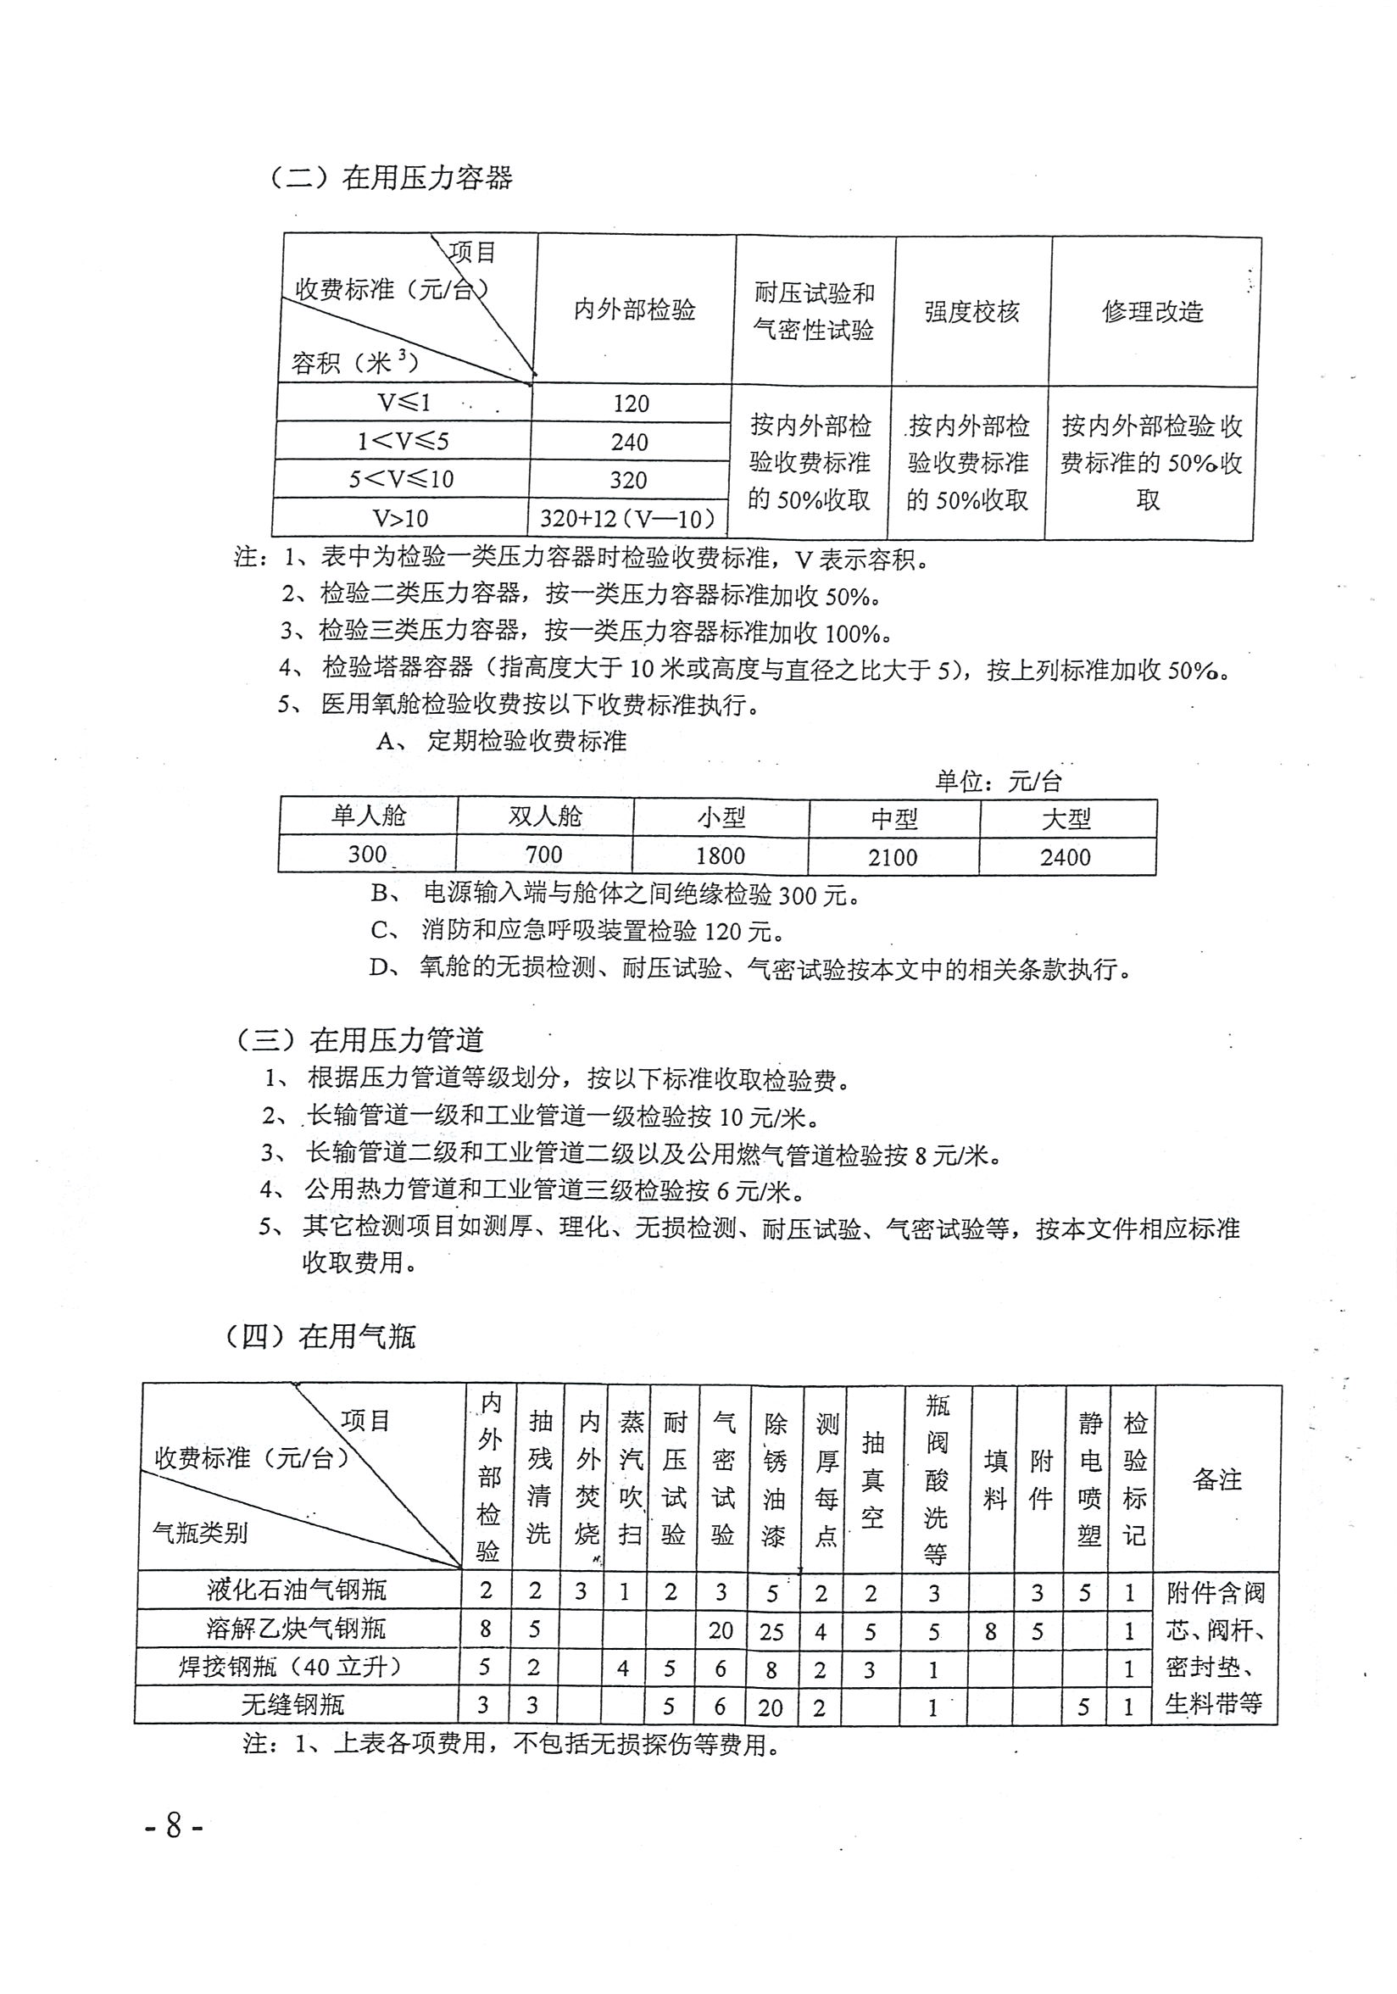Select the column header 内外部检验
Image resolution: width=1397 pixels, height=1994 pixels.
(x=635, y=310)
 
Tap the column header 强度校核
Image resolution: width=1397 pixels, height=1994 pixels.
(x=971, y=312)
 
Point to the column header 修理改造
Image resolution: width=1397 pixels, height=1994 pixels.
(x=1152, y=312)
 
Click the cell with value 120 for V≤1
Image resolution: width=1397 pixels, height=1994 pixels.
(x=631, y=404)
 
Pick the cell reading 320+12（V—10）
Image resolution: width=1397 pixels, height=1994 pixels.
(x=629, y=519)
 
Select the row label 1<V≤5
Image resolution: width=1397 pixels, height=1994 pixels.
(x=403, y=441)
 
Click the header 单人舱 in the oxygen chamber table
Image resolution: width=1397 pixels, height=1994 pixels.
(x=368, y=816)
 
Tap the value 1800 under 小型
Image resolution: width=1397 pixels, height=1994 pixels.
(x=720, y=855)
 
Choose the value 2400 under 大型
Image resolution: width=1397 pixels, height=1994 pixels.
(x=1066, y=857)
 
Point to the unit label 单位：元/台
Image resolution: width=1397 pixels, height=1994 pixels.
(x=999, y=782)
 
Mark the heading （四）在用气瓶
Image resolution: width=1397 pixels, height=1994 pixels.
(x=320, y=1337)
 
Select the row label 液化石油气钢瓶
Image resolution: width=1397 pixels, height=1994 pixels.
(x=296, y=1590)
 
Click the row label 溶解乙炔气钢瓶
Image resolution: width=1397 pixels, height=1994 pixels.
(x=296, y=1629)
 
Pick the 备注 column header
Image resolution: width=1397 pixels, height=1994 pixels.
(x=1217, y=1480)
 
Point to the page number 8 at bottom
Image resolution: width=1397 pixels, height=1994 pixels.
(x=174, y=1825)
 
